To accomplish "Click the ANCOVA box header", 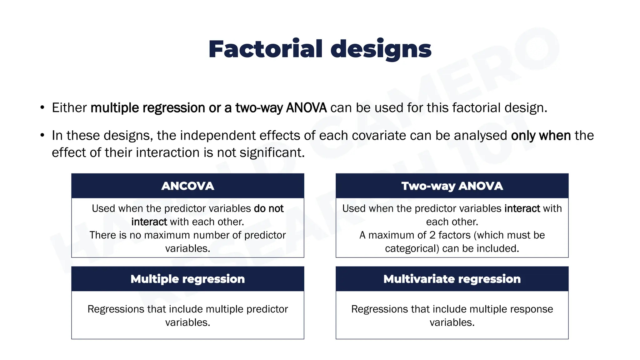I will click(x=187, y=186).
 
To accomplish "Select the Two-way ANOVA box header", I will click(x=452, y=186).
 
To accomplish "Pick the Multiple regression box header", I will click(x=187, y=279).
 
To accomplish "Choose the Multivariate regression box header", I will click(x=452, y=279).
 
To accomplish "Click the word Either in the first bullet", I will click(x=69, y=108).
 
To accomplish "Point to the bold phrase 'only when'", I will click(x=541, y=136).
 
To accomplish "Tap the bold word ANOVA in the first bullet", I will click(x=306, y=108).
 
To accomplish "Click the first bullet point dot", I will click(x=42, y=108).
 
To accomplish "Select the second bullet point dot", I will click(x=42, y=136).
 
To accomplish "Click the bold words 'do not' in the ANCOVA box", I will click(x=269, y=208).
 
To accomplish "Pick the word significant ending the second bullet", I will click(x=272, y=153).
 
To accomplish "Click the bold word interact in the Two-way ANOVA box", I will click(x=522, y=208).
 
